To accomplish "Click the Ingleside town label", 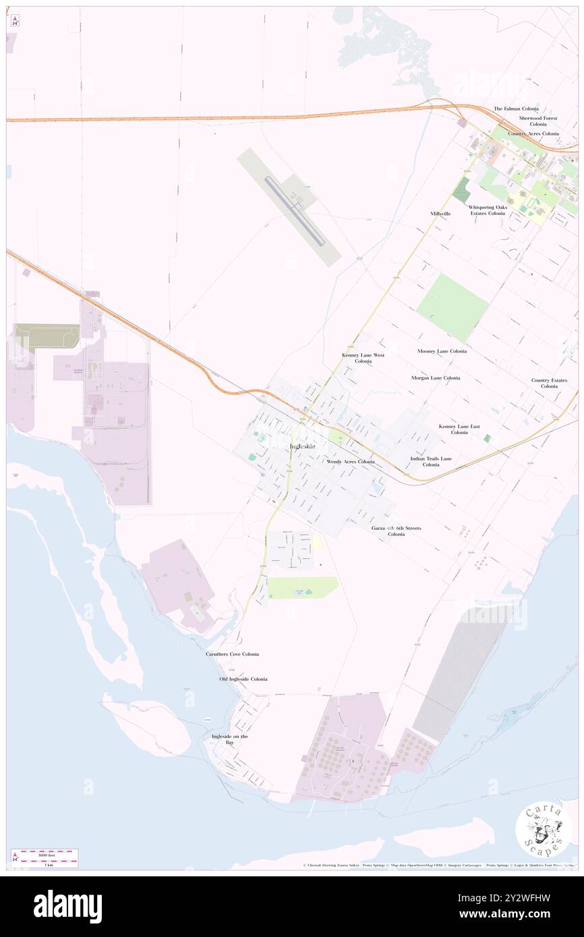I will point(302,446).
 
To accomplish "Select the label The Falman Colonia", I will point(516,109).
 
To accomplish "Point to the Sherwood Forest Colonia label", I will point(538,121).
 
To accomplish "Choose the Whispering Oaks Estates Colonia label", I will point(488,210).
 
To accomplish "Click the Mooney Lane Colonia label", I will point(442,351).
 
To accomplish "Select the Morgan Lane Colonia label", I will point(436,377).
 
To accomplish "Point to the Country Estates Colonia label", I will point(549,383).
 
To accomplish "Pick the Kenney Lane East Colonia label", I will point(459,429).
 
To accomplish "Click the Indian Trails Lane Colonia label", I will point(431,461).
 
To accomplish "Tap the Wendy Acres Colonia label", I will point(350,462).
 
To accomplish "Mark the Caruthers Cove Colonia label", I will point(232,654).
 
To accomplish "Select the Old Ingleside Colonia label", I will point(243,679).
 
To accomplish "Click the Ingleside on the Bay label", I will point(230,739).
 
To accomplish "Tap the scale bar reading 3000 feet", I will point(46,854).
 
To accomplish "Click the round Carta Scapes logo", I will point(543,829).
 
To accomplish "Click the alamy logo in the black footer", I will point(68,906).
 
